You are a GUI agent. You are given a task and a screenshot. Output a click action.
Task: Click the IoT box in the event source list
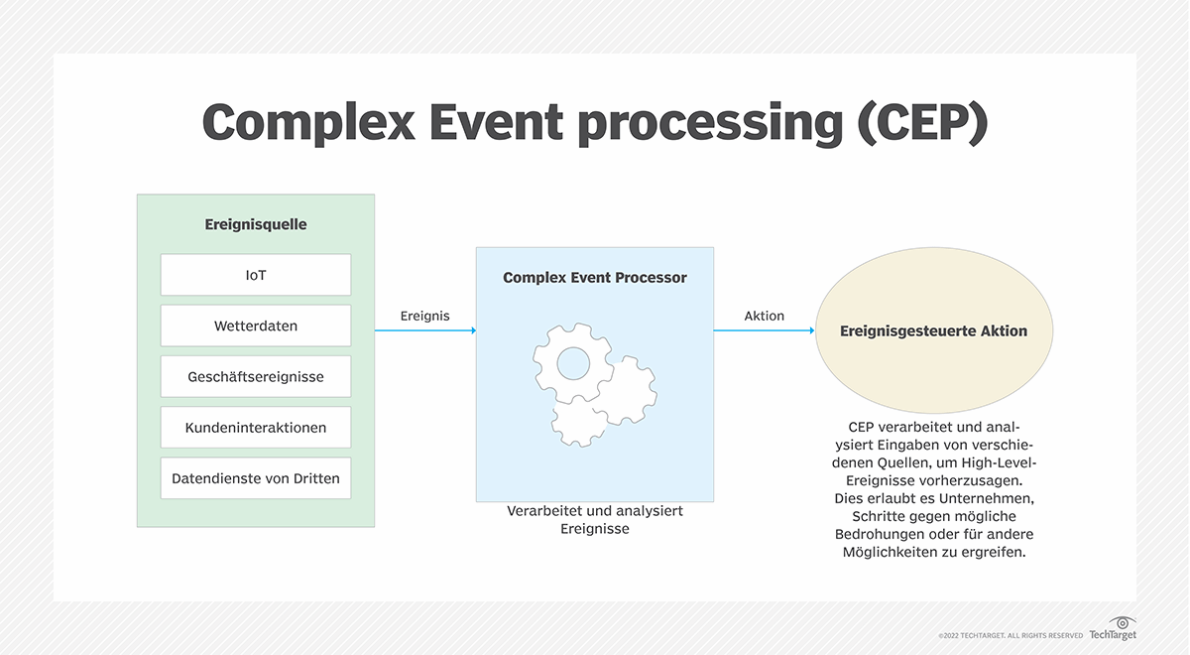pos(256,275)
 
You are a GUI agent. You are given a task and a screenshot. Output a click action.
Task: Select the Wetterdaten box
pos(256,326)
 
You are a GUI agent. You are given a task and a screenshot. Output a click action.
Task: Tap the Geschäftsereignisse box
pos(256,377)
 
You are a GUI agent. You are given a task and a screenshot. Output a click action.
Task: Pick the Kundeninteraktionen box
pos(256,428)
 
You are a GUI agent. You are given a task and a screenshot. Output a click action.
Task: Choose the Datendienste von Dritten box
pos(256,478)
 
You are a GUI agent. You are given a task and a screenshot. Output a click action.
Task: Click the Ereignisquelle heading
pos(256,224)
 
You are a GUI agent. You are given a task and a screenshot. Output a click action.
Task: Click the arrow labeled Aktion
pos(764,330)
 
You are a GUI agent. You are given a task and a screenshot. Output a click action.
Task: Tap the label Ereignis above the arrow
pos(424,316)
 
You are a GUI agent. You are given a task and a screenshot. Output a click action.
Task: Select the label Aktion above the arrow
pos(764,316)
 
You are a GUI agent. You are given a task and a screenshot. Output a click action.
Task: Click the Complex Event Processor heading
pos(594,278)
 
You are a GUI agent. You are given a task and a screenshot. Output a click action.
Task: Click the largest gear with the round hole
pos(572,362)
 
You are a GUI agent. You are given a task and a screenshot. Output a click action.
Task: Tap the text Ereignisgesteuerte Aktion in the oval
pos(933,330)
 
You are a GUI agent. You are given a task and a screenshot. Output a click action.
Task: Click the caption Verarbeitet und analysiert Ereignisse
pos(594,520)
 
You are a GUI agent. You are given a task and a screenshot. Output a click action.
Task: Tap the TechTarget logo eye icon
pos(1123,622)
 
